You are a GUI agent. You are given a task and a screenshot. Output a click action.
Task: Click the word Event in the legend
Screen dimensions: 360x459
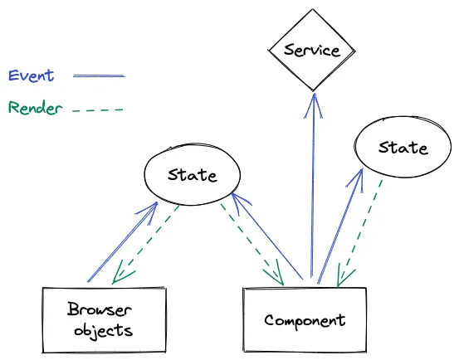pyautogui.click(x=31, y=75)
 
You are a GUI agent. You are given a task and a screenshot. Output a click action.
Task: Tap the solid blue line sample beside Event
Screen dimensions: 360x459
pyautogui.click(x=99, y=76)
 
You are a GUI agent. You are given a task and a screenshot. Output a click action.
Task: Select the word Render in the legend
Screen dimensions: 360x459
pyautogui.click(x=34, y=108)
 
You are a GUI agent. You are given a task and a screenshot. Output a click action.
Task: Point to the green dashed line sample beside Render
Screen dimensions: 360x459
pyautogui.click(x=98, y=109)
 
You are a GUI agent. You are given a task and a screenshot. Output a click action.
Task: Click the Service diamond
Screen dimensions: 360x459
pyautogui.click(x=312, y=51)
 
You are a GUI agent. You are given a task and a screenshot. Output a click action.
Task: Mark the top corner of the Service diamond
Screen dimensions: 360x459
pyautogui.click(x=312, y=12)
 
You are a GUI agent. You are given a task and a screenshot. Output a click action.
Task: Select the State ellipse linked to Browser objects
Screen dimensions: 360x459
pyautogui.click(x=192, y=175)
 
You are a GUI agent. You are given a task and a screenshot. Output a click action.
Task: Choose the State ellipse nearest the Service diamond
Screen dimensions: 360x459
pyautogui.click(x=403, y=148)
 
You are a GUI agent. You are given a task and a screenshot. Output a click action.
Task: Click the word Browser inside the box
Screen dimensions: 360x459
pyautogui.click(x=100, y=310)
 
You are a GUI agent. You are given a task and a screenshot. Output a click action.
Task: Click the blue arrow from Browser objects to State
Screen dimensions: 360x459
pyautogui.click(x=122, y=242)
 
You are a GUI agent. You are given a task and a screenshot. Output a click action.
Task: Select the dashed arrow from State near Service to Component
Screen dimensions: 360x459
pyautogui.click(x=362, y=231)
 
